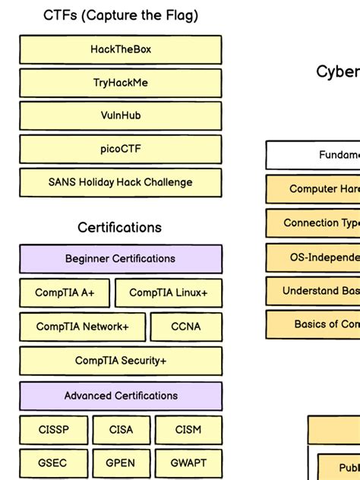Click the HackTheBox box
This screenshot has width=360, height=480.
point(121,49)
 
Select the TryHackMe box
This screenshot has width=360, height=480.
point(121,83)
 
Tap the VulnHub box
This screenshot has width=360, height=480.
point(121,116)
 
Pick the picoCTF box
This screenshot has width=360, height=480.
point(121,150)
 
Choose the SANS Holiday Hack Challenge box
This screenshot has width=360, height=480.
point(121,183)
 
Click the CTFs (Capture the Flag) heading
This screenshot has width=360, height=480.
point(121,15)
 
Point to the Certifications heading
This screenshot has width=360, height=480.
point(120,227)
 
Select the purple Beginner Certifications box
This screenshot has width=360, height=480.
point(121,259)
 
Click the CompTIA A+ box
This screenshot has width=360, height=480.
point(65,293)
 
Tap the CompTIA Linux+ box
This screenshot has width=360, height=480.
point(169,293)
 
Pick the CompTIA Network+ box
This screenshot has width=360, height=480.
point(82,327)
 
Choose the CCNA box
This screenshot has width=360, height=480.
point(186,327)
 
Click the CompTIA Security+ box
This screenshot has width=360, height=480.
point(121,362)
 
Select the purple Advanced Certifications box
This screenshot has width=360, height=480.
point(121,396)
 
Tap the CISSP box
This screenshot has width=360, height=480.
point(53,430)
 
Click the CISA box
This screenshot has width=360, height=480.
point(121,430)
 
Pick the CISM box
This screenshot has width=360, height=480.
point(188,430)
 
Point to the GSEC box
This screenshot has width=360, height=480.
point(53,463)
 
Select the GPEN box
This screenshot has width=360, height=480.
point(121,463)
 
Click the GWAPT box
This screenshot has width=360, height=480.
point(188,463)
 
